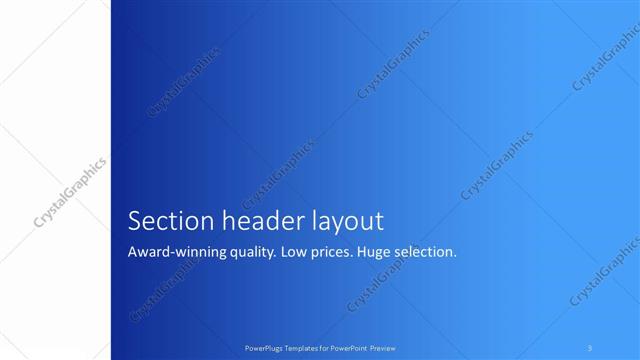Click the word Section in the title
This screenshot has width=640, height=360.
pos(164,221)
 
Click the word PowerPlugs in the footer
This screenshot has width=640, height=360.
pos(267,348)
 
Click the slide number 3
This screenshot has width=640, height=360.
pos(591,348)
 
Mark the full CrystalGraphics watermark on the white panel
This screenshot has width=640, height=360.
pos(72,189)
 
